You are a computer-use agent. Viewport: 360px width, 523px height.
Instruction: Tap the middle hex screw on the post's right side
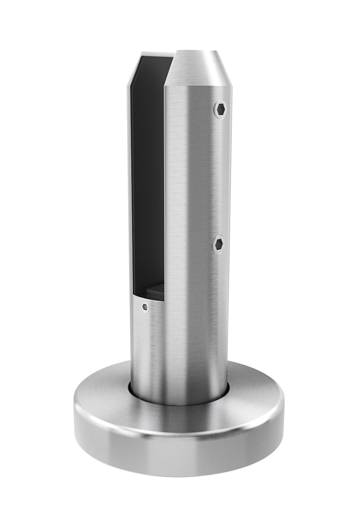[219, 244]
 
